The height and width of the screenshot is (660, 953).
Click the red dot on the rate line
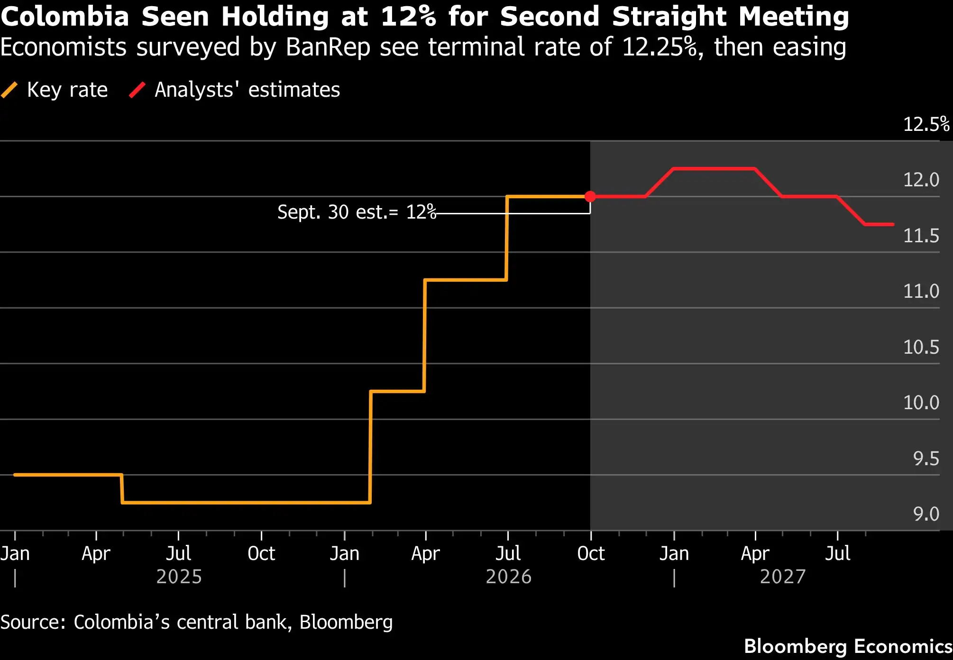coord(590,196)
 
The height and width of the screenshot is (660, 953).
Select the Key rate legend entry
coord(55,90)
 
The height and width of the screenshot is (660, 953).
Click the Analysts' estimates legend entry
coord(235,90)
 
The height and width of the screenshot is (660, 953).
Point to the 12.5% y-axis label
coord(926,124)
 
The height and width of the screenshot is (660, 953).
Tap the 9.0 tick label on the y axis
coord(926,514)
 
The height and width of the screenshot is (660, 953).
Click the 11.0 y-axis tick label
coord(921,291)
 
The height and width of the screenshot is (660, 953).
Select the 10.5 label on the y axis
coord(921,347)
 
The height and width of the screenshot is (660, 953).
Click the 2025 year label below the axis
coord(179,577)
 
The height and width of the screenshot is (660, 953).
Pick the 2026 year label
coord(509,577)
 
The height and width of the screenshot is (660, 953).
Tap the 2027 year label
coord(783,577)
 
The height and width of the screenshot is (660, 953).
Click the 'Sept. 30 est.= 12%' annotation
coord(357,212)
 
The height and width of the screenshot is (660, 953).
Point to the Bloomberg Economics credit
coord(848,646)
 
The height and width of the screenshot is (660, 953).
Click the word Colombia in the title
coord(65,17)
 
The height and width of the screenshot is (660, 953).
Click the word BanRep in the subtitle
coord(328,47)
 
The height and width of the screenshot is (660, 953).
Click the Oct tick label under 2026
coord(591,553)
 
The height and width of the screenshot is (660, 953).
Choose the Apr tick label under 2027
coord(755,554)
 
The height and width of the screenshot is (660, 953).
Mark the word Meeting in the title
coord(794,17)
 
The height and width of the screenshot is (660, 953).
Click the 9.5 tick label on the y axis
coord(926,458)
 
